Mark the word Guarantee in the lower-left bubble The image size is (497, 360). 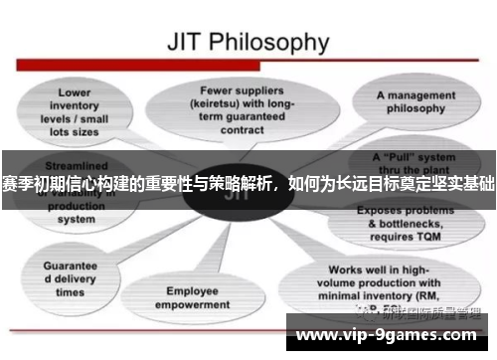coord(70,267)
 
